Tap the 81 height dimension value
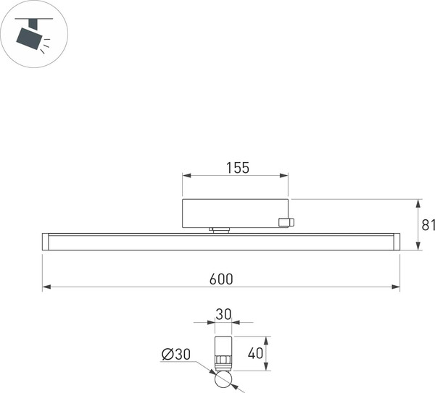click(428, 225)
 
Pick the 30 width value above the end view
click(223, 315)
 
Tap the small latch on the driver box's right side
click(288, 222)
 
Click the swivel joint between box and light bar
click(220, 231)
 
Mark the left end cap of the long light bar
click(45, 242)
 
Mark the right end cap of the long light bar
click(396, 242)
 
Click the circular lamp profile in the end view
click(223, 379)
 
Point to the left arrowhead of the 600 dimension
click(45, 287)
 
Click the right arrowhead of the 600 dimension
click(397, 287)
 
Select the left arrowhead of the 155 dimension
click(185, 175)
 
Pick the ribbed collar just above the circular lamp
click(223, 361)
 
